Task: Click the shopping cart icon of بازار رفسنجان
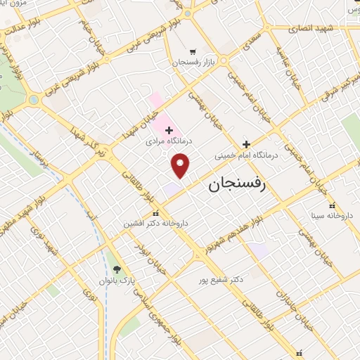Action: point(193,51)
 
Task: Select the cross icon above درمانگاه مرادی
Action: point(169,129)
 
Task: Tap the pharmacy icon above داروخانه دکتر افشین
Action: point(155,213)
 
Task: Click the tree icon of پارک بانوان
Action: point(117,269)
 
